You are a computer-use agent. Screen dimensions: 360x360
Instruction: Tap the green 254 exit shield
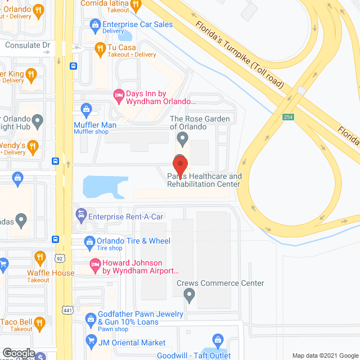point(289,116)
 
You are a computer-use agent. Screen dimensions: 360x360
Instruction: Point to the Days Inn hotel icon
point(119,93)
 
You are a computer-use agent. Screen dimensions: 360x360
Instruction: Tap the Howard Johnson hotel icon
point(95,263)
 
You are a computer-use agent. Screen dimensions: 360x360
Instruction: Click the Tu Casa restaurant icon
point(100,48)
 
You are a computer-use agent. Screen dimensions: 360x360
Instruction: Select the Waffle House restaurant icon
point(39,258)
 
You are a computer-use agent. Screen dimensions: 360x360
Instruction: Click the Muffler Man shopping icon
point(87,109)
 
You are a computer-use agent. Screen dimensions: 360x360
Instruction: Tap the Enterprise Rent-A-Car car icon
point(81,214)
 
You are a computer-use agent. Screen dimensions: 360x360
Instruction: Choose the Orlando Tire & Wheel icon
point(88,241)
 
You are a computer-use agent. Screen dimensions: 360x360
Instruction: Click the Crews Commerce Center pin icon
point(190,294)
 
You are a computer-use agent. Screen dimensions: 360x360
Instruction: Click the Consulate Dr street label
point(28,44)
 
